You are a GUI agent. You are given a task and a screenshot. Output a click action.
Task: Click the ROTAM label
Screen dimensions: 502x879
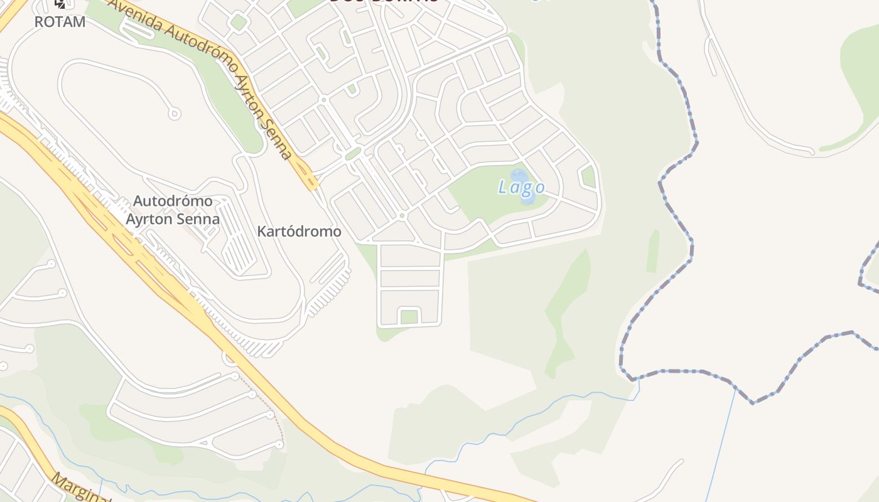click(60, 21)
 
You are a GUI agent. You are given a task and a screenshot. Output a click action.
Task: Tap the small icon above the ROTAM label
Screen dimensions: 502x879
click(60, 4)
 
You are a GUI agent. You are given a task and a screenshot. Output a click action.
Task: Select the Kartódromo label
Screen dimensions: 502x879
click(299, 232)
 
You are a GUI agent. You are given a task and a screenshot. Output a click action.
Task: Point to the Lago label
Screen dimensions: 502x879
click(521, 187)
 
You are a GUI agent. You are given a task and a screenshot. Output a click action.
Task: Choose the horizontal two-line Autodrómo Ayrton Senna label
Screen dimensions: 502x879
click(172, 210)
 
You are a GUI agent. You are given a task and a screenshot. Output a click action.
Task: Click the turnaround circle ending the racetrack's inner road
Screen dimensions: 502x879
click(175, 114)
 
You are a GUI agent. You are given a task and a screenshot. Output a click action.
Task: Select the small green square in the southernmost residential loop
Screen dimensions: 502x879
click(409, 317)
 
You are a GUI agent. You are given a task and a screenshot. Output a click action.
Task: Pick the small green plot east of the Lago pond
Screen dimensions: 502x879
click(588, 176)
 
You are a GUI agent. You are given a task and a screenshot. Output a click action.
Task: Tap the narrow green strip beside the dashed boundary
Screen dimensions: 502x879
click(653, 251)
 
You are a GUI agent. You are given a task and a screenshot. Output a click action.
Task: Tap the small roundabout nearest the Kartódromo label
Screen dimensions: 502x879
click(402, 216)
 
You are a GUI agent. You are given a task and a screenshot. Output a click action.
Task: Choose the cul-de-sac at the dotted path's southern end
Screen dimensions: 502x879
click(279, 444)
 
